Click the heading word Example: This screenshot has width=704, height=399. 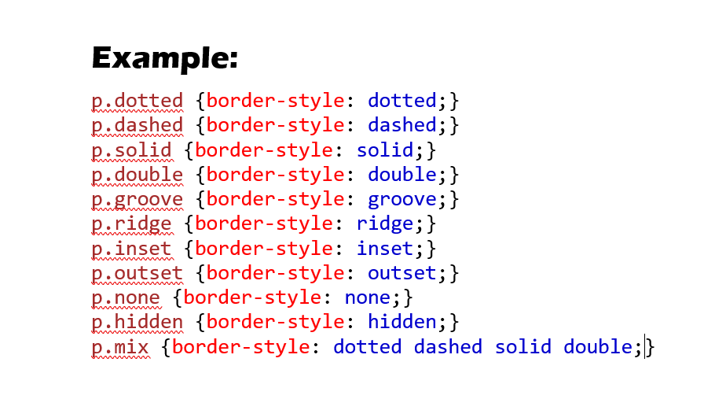click(165, 58)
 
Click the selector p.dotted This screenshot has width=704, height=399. click(137, 101)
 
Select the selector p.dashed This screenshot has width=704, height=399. click(137, 125)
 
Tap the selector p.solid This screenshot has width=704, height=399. click(131, 150)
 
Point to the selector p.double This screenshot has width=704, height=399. click(137, 175)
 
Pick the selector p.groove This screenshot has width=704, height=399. click(137, 199)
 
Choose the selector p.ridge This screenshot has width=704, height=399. click(131, 224)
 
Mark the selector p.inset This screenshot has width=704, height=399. click(131, 249)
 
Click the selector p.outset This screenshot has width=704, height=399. click(137, 273)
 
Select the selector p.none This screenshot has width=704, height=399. click(126, 297)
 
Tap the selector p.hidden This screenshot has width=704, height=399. click(137, 322)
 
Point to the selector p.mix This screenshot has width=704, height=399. click(120, 347)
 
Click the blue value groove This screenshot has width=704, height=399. click(402, 199)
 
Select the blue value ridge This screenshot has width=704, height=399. click(385, 224)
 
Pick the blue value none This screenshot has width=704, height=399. click(368, 297)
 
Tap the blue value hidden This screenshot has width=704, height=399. click(402, 322)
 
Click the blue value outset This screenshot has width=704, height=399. click(402, 273)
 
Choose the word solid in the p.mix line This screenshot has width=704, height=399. click(523, 347)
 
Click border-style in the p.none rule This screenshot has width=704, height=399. click(252, 297)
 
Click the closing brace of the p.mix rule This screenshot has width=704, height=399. click(650, 347)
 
